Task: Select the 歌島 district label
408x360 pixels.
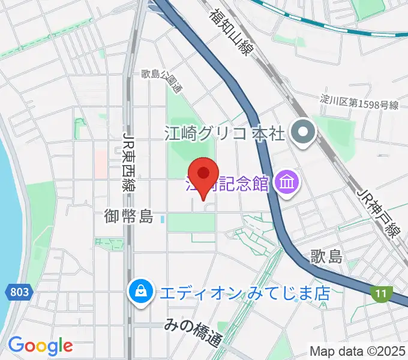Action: tap(326, 257)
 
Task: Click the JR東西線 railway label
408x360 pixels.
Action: tap(128, 161)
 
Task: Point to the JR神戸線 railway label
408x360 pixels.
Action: tap(377, 213)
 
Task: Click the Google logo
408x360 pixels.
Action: tap(40, 346)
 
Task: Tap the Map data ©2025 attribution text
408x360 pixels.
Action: tap(356, 350)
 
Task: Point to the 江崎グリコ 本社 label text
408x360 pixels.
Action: tap(223, 132)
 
